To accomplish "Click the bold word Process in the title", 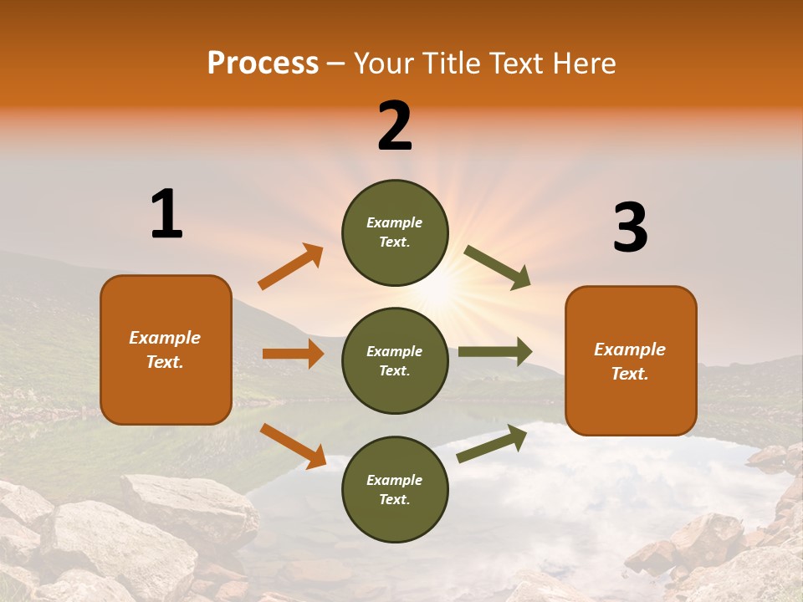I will (x=263, y=64).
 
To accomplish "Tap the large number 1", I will (x=166, y=215).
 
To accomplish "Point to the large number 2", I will (x=395, y=126).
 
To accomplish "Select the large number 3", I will (x=630, y=228).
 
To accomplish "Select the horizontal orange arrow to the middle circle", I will (x=293, y=354).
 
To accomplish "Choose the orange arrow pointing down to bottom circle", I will (x=293, y=446).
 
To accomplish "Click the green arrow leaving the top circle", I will (x=497, y=268).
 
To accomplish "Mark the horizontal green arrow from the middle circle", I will (x=495, y=352).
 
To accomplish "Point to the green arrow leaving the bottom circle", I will (x=492, y=444).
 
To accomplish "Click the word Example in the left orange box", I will (x=165, y=338).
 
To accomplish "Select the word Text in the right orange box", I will (x=628, y=374).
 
